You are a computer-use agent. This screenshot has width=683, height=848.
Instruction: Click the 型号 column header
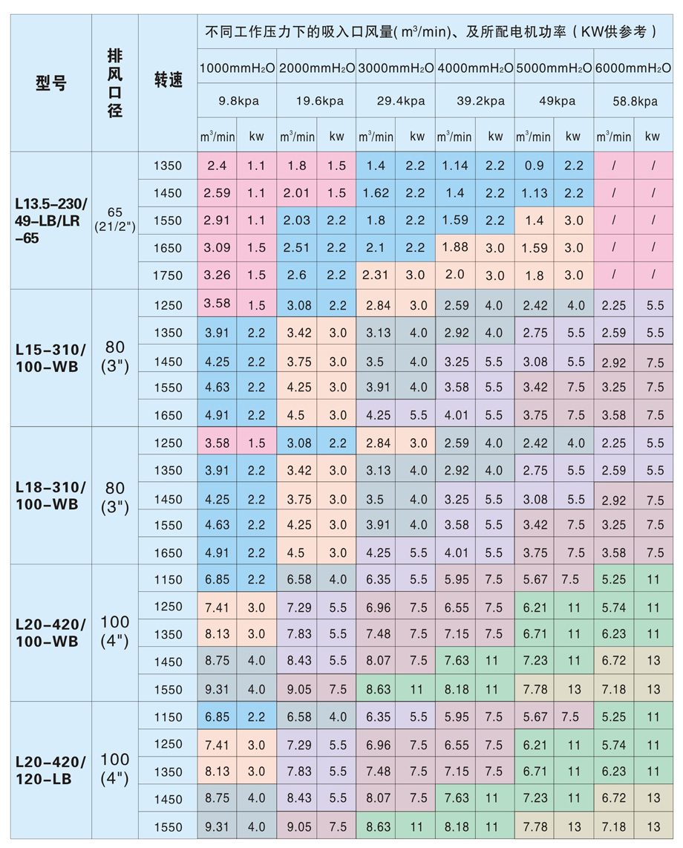pyautogui.click(x=50, y=83)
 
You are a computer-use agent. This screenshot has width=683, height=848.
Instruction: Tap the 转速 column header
pyautogui.click(x=168, y=79)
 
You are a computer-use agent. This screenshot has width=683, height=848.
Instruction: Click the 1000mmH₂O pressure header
pyautogui.click(x=237, y=68)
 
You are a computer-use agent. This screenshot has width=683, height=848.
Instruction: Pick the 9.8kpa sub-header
pyautogui.click(x=238, y=101)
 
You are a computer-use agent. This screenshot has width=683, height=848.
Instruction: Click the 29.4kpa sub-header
pyautogui.click(x=396, y=101)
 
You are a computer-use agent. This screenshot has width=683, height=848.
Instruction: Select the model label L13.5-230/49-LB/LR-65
pyautogui.click(x=50, y=221)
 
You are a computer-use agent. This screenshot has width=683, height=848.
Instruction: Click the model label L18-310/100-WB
pyautogui.click(x=50, y=495)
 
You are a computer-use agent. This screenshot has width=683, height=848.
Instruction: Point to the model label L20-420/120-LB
pyautogui.click(x=50, y=771)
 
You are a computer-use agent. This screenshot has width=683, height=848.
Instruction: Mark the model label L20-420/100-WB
pyautogui.click(x=50, y=633)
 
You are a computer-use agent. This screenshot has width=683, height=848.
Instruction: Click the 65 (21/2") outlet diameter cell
pyautogui.click(x=115, y=221)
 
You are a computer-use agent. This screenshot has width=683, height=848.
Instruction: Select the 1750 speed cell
pyautogui.click(x=167, y=275)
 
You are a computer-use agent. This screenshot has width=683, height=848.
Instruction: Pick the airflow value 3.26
pyautogui.click(x=217, y=275)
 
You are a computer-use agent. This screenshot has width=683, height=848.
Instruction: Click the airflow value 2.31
pyautogui.click(x=376, y=275)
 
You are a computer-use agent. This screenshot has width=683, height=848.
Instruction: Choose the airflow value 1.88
pyautogui.click(x=455, y=247)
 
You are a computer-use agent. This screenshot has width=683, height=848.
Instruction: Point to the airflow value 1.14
pyautogui.click(x=455, y=166)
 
